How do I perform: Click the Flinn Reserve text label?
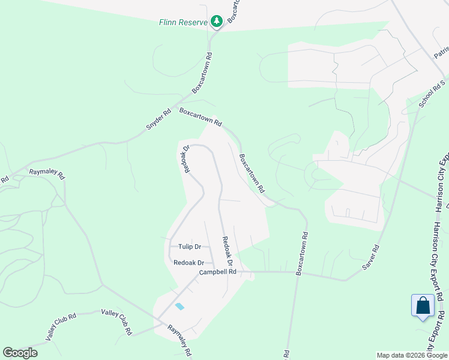tap(182, 22)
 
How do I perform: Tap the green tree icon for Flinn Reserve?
tap(216, 22)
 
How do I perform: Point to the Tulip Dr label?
tap(189, 247)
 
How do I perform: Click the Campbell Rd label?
tap(218, 272)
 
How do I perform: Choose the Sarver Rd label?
tap(372, 257)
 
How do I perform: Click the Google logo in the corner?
tap(20, 353)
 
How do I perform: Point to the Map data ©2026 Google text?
tap(411, 355)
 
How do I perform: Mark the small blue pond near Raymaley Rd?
tap(179, 307)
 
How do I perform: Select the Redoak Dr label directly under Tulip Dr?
tap(189, 263)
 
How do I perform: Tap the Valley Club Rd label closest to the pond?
tap(116, 321)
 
